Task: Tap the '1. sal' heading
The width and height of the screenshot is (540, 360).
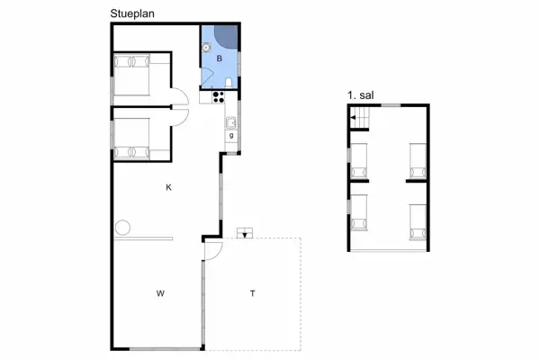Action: point(358,94)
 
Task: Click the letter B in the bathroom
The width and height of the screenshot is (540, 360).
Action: point(219,58)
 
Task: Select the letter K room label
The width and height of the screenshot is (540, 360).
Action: point(168,187)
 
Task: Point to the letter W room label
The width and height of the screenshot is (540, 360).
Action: point(160,293)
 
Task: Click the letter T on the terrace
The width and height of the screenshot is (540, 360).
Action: point(252,293)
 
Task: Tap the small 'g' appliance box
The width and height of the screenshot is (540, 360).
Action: point(231,135)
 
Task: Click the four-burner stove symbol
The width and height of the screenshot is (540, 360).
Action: point(217,98)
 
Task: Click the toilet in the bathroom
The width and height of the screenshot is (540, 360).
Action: point(231,84)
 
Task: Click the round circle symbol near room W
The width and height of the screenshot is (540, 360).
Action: point(122,226)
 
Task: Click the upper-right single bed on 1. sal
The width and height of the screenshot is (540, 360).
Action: point(417,160)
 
